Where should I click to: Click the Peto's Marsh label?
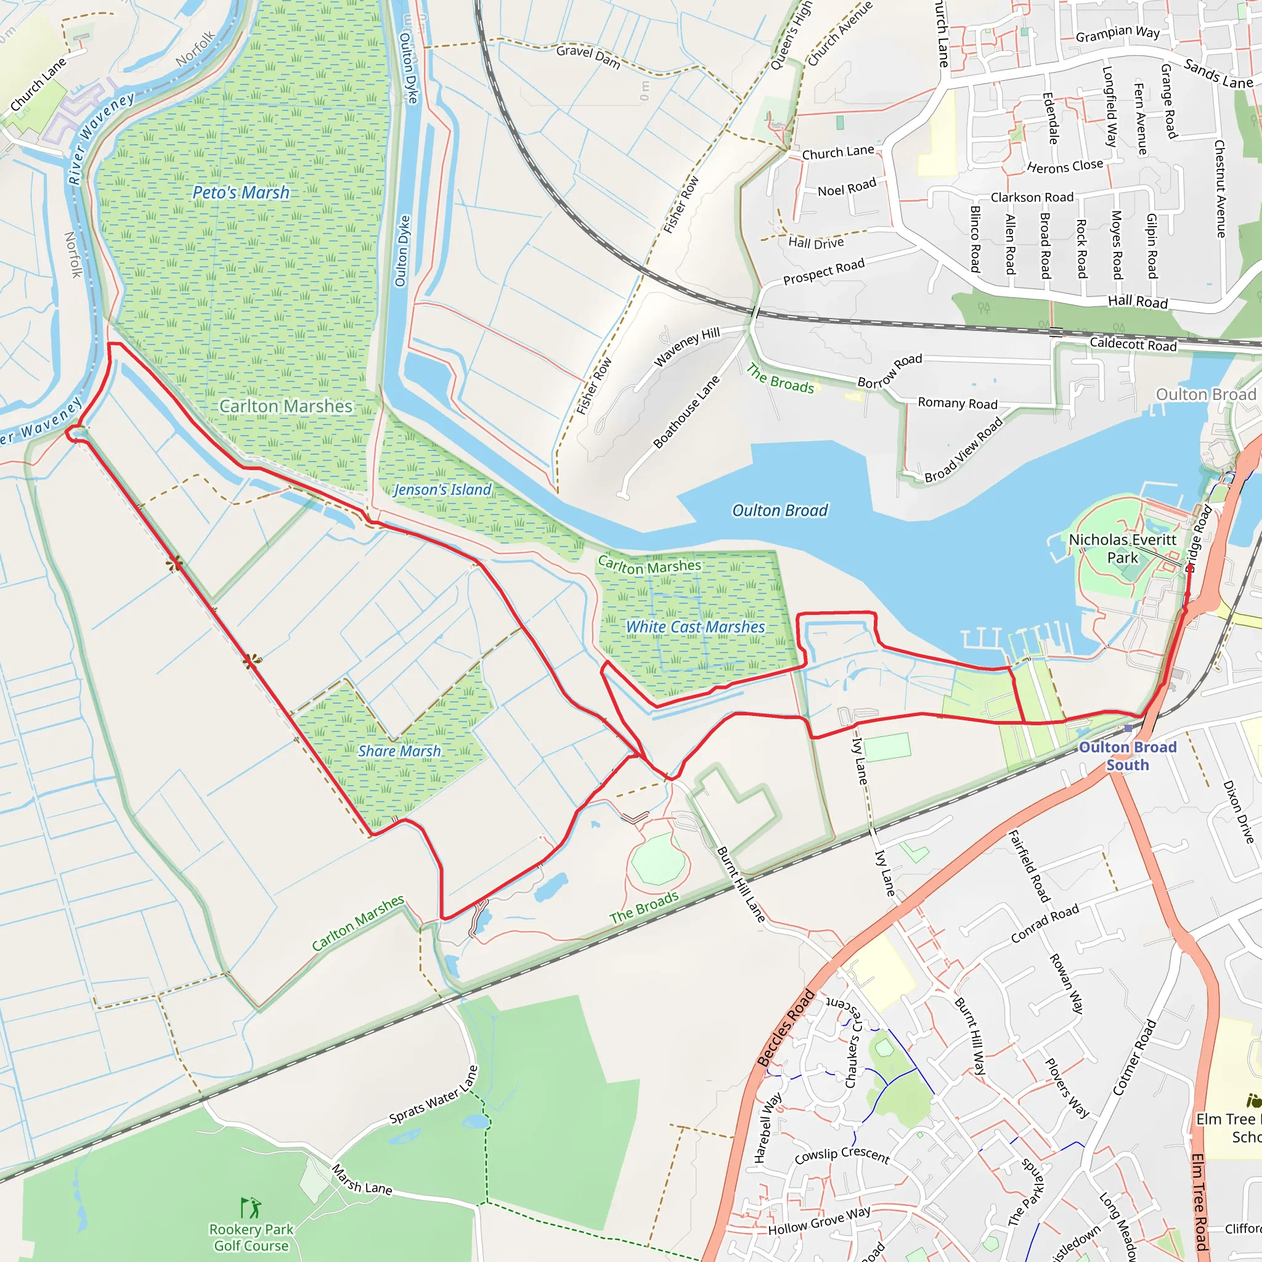[240, 193]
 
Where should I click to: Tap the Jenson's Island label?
[442, 489]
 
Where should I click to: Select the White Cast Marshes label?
[695, 627]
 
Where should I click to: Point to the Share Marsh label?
[399, 751]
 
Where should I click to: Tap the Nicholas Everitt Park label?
[1122, 548]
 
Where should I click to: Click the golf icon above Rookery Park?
[250, 1207]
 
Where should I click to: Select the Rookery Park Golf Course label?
[251, 1237]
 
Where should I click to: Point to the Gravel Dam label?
[588, 56]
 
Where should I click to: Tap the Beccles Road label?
[786, 1029]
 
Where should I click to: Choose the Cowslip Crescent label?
[842, 1155]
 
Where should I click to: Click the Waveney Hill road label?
[686, 346]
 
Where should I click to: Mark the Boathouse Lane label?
[686, 412]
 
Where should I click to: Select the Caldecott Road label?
[1133, 344]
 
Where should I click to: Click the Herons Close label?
[1065, 166]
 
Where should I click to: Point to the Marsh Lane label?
[362, 1179]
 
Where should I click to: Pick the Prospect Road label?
[824, 271]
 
